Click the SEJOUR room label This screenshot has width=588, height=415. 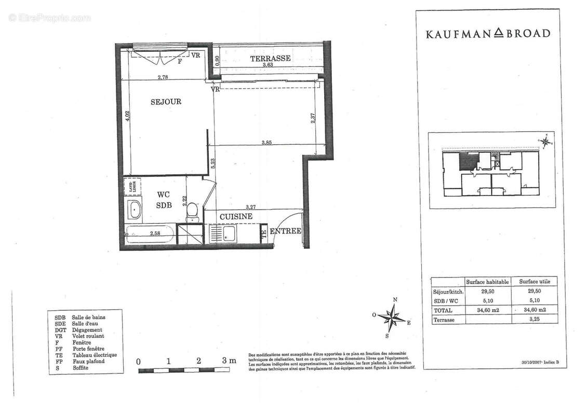(166, 102)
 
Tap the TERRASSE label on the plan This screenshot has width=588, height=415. (270, 58)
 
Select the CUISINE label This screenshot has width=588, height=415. (236, 216)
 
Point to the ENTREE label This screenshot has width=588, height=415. (285, 231)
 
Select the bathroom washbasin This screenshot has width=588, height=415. (135, 211)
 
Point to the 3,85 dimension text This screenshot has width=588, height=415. (267, 143)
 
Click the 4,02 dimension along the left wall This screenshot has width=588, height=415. (127, 116)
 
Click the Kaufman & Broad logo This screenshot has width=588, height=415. (488, 34)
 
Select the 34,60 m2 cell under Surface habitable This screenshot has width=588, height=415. (487, 310)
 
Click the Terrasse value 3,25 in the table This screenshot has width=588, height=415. (534, 320)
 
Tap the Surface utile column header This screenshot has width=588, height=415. (534, 282)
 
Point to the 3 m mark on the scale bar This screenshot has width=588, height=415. (227, 361)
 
